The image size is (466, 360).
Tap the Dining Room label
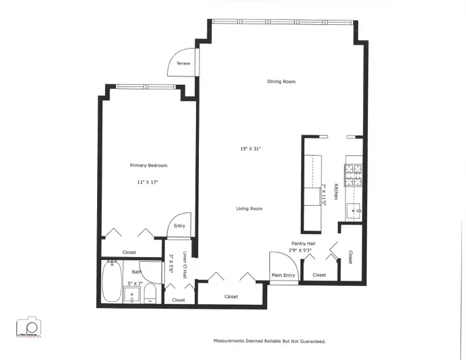281,82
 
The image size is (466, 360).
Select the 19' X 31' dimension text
251,149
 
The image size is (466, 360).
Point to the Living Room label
249,209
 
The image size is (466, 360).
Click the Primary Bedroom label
148,165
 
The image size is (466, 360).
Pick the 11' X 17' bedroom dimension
148,182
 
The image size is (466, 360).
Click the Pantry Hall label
305,243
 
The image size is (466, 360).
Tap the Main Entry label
283,275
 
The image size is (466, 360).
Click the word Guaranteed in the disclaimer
311,341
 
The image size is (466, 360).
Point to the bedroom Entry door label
179,226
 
